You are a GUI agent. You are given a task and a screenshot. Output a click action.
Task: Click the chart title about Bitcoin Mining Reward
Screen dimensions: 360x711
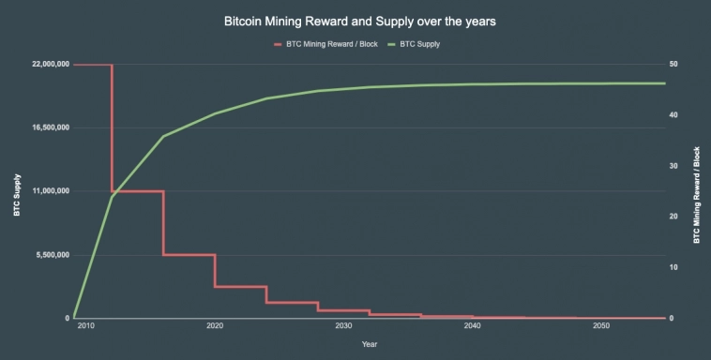(355, 19)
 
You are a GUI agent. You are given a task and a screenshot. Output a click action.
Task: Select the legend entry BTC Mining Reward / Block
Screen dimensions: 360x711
(331, 44)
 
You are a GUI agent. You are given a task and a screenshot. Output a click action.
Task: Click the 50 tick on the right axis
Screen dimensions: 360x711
(673, 65)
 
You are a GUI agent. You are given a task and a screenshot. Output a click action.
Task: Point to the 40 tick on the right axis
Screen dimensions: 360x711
(673, 115)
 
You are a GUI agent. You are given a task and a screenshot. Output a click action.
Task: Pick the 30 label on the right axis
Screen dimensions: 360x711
(673, 166)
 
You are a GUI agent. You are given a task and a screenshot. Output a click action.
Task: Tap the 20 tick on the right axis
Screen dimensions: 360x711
(673, 217)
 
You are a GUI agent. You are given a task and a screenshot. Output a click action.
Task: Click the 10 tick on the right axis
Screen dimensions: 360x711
(673, 267)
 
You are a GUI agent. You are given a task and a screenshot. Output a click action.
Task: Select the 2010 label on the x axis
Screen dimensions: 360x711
(85, 326)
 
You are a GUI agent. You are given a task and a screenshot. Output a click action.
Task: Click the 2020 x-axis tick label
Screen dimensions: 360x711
(214, 326)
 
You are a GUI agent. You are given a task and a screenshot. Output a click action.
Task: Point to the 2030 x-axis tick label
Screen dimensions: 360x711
(343, 326)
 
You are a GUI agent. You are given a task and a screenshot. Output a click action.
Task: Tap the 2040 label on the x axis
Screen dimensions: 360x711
(472, 326)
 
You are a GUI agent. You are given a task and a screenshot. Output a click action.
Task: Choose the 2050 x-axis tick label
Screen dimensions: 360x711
(600, 326)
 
